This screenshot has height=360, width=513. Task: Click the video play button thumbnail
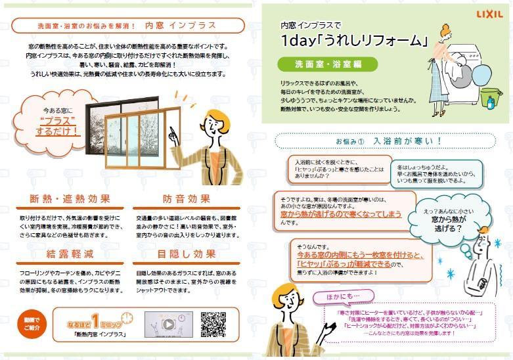[x=168, y=324]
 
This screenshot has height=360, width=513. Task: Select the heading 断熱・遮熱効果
[x=70, y=199]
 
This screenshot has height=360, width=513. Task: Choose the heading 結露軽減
[x=70, y=254]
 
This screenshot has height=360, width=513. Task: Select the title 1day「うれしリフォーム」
[x=354, y=41]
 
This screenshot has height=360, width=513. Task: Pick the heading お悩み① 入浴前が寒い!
[x=389, y=141]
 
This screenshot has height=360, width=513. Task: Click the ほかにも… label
[x=335, y=297]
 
